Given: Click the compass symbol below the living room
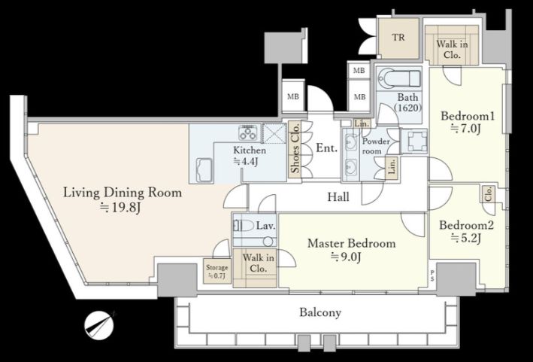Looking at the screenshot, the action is point(99,325).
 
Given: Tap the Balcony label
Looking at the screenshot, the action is point(320,312).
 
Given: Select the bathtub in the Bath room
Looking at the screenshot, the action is point(399,78).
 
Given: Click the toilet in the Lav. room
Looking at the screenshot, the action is point(244,226).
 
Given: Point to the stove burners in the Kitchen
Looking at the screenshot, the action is point(249,132).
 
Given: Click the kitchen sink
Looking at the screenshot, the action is point(204,170).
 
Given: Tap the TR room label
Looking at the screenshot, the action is point(398,38).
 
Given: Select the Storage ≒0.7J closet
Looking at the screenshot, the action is point(217,271).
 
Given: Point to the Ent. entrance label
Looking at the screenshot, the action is point(327,148).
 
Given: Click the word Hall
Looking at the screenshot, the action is point(338,196).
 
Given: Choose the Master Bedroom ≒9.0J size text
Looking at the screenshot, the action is point(346,257).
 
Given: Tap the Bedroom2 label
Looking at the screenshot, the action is point(466,225).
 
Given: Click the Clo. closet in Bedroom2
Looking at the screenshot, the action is point(488,194).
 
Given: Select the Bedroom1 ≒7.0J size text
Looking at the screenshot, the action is point(465,129).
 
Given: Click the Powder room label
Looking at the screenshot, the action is point(376,146).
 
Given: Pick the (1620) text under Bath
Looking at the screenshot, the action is point(408,108).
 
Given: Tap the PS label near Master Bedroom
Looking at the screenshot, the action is point(432,275).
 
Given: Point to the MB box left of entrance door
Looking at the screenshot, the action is point(293,96).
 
